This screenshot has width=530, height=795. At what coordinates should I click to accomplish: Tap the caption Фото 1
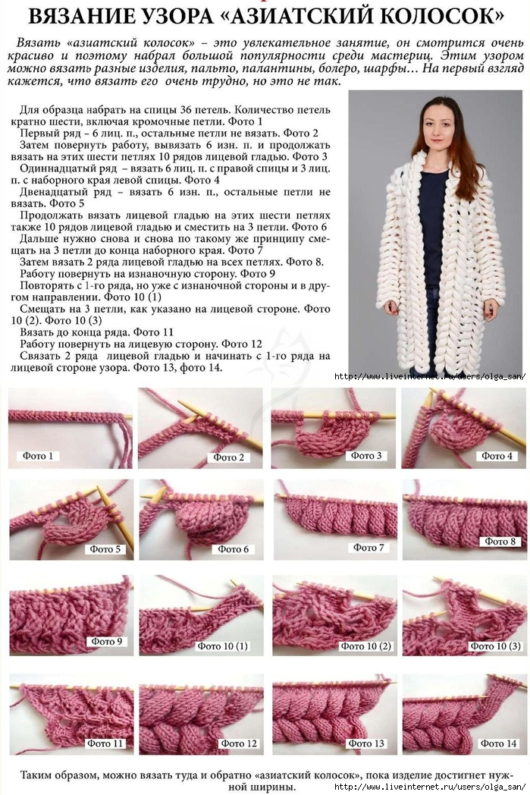click(x=37, y=456)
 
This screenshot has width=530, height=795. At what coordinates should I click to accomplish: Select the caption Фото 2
click(x=228, y=457)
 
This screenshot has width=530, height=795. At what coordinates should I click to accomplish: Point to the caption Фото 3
click(x=365, y=455)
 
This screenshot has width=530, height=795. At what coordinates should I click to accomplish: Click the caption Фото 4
click(x=497, y=456)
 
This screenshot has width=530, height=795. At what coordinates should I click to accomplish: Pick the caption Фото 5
click(x=105, y=548)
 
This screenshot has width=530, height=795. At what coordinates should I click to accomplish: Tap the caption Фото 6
click(x=233, y=548)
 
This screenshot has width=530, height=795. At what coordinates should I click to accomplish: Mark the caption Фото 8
click(x=500, y=541)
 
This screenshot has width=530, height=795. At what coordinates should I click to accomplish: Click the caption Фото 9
click(x=106, y=641)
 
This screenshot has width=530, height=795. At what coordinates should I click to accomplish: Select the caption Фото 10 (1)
click(x=222, y=646)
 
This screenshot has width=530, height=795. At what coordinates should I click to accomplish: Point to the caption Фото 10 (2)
click(x=365, y=646)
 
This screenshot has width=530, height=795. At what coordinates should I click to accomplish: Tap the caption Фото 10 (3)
click(x=495, y=646)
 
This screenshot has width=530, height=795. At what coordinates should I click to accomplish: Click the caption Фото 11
click(x=105, y=743)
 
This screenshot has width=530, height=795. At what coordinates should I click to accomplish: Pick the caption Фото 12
click(x=238, y=743)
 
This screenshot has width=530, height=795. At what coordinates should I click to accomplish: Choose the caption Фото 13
click(x=365, y=743)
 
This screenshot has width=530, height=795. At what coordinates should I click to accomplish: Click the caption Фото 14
click(x=498, y=743)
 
